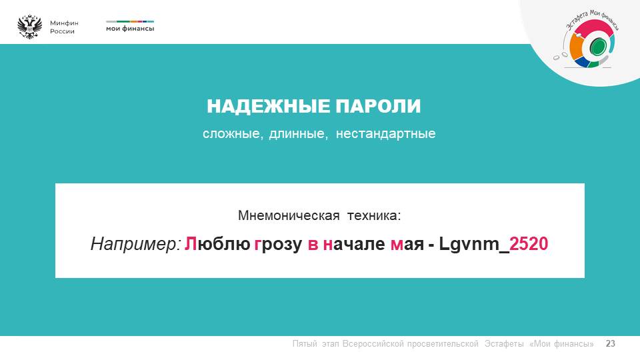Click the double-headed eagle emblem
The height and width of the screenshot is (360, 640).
coord(30,27)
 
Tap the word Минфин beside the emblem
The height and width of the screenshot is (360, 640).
coord(64,23)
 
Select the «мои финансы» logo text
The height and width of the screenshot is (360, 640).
coord(130,29)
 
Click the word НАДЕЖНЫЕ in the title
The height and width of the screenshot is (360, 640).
coord(268,107)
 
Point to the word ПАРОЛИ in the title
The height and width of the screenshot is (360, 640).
coord(378,107)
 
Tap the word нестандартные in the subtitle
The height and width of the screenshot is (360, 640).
coord(386,133)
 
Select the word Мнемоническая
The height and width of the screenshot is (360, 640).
coord(289,215)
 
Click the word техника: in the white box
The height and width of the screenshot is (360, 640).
coord(374,215)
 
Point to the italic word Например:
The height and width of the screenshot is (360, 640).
coord(135,244)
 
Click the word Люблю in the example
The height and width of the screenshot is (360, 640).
coord(217,244)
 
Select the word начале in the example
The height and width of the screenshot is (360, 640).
coord(353,244)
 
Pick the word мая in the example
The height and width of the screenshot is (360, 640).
coord(407,245)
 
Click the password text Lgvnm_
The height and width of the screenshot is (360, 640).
coord(474,245)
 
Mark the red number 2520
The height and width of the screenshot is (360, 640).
coord(529,244)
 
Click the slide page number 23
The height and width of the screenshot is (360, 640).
coord(610,344)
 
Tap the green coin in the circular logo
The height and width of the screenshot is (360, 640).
coord(597,46)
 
